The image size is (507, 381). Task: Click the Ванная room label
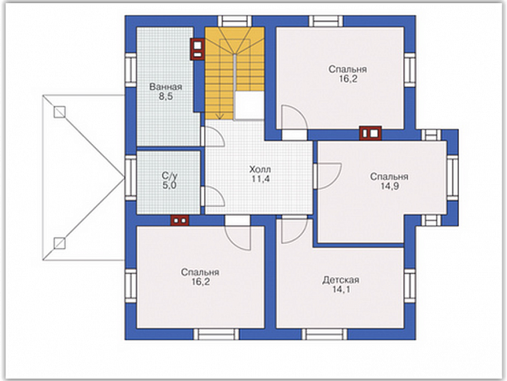point(166,86)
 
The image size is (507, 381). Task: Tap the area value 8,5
point(166,97)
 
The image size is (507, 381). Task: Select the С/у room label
point(170,176)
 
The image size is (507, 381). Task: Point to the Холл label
point(260,170)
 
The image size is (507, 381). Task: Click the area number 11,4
point(261,178)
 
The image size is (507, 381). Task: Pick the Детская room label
point(341,280)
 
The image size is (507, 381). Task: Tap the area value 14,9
point(389,186)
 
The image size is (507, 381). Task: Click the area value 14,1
point(341,290)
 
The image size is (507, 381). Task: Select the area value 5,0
point(170,186)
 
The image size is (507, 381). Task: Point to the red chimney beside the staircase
point(197,49)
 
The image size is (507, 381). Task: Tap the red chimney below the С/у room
point(180,220)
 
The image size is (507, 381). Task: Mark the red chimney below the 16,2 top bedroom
point(370,133)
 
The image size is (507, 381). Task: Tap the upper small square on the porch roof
point(59,112)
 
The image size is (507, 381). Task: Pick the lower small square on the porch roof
point(59,243)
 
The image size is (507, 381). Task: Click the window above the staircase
point(235,21)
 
